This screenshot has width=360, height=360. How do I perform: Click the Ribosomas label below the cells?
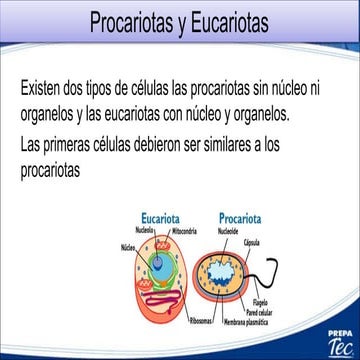(200, 312)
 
